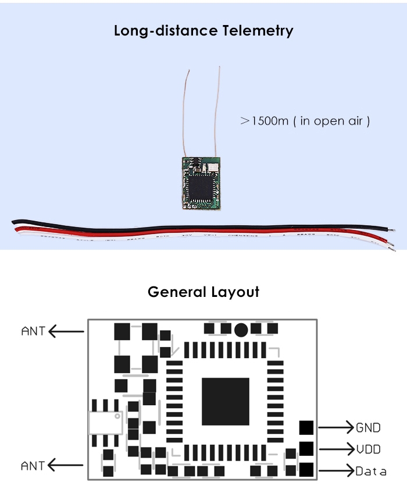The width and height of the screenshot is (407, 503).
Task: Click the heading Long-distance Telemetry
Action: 203,30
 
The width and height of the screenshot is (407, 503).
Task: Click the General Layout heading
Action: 203,291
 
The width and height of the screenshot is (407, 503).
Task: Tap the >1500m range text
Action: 305,121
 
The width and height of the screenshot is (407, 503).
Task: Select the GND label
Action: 368,428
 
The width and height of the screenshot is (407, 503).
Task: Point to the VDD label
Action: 368,449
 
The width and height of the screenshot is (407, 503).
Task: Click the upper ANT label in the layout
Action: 33,331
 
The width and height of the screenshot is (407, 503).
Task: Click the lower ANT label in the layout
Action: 33,466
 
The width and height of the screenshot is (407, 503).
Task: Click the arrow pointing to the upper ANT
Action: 66,331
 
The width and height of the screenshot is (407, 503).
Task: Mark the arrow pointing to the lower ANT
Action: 66,465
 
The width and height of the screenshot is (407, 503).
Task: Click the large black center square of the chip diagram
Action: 226,401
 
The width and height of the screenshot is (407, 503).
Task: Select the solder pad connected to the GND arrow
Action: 306,427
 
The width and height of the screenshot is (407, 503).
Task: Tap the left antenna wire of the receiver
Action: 185,111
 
